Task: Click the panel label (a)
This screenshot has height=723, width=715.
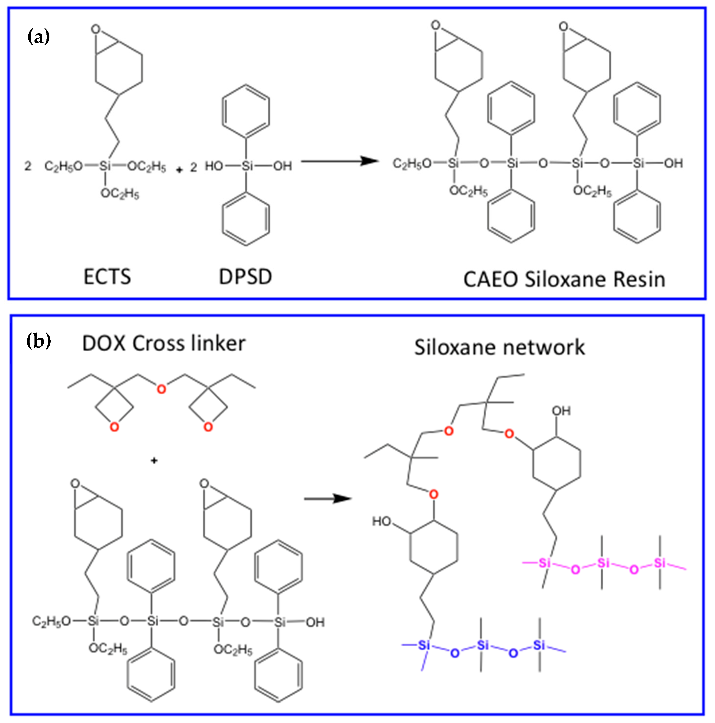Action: click(x=39, y=37)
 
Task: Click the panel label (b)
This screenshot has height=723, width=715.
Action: click(x=39, y=341)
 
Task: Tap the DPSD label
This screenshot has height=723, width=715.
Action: click(x=245, y=277)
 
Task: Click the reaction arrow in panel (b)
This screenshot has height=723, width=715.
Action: click(x=328, y=498)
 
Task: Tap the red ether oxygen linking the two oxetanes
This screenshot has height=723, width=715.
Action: click(x=161, y=389)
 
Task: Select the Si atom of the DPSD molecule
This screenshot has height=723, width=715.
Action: click(x=246, y=166)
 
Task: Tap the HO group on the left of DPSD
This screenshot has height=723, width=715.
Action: click(x=214, y=166)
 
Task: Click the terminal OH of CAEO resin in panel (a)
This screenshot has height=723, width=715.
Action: click(x=673, y=163)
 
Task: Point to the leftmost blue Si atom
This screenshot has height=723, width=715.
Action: click(x=424, y=645)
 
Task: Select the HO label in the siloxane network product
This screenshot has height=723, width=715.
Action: click(x=381, y=521)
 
